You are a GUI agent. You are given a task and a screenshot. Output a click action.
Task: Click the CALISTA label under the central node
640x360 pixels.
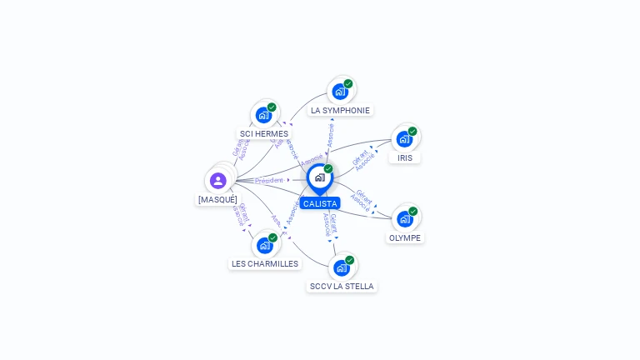pos(320,203)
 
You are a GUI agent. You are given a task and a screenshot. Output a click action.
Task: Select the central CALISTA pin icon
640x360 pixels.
pos(319,177)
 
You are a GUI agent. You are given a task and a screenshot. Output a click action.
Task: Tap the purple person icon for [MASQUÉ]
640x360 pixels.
pos(218,181)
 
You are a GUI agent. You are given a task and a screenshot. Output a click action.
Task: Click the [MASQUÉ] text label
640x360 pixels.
pos(217,200)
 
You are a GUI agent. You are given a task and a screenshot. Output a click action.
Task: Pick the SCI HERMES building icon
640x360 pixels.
pos(264,115)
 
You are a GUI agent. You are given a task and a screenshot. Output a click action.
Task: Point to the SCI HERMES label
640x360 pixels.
pos(264,134)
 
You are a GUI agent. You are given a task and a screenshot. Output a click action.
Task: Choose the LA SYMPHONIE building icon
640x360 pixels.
pos(340,91)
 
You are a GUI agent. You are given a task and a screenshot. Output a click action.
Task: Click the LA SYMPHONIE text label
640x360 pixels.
pos(340,110)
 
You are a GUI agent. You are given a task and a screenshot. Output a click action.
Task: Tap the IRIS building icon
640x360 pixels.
pos(404,138)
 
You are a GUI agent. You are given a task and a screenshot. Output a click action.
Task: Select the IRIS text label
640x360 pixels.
pos(405,157)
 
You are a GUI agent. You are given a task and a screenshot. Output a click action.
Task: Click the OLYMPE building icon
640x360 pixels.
pos(405,218)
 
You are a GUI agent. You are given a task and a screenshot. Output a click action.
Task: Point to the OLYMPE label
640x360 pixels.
pos(405,237)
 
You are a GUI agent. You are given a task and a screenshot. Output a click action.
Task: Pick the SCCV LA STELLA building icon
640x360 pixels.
pos(342,267)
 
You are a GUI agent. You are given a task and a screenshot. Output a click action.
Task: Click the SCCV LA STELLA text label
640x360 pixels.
pos(342,287)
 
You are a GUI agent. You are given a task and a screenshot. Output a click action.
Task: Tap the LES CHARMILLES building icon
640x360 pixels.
pos(265,245)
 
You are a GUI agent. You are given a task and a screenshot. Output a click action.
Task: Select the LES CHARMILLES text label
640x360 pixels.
pos(265,264)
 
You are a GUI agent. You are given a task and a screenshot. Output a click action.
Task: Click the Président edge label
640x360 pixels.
pos(269,180)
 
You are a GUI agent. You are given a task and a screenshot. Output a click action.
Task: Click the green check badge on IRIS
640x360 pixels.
pos(412,131)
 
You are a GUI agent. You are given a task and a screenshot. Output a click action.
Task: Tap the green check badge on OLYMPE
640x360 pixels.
pos(413,211)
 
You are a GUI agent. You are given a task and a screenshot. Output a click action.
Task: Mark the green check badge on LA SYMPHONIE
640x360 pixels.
pos(348,83)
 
